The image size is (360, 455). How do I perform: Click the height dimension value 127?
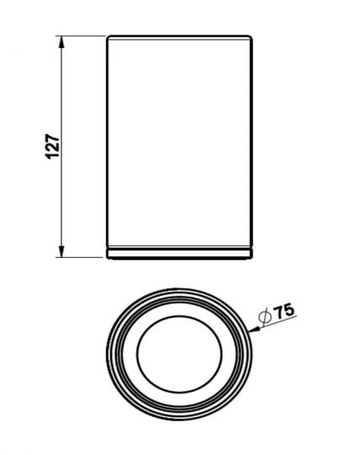52,147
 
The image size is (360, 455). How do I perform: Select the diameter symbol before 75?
266,316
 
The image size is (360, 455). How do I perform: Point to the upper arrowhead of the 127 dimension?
61,42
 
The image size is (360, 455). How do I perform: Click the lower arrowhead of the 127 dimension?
61,251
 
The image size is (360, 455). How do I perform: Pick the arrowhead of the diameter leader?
255,329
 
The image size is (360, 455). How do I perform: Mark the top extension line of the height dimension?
80,35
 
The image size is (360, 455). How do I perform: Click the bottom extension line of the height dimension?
79,257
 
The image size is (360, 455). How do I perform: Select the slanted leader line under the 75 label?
273,324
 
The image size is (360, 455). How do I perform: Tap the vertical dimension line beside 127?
61,147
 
